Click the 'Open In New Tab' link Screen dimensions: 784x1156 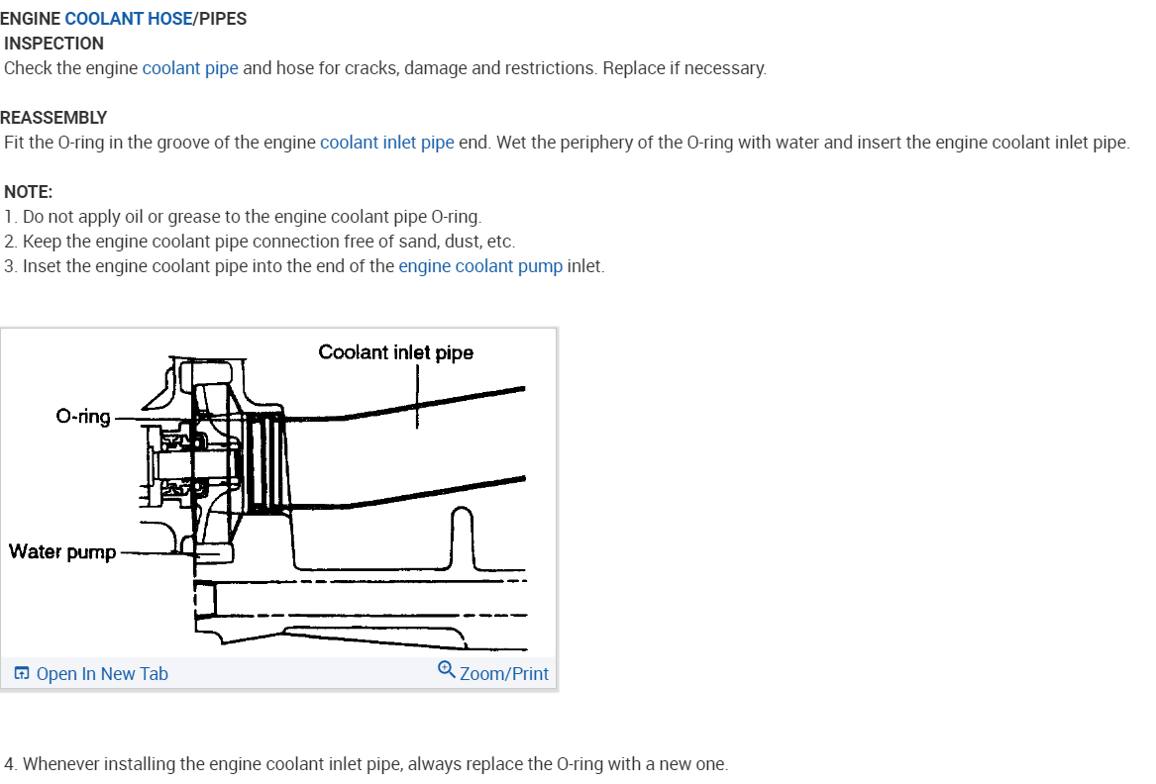click(101, 674)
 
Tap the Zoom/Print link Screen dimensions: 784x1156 click(503, 674)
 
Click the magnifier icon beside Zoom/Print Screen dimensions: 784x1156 click(447, 670)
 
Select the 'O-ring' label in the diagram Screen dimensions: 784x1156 click(83, 417)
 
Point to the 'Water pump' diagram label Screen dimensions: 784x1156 click(62, 551)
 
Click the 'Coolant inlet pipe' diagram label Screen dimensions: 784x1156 click(395, 352)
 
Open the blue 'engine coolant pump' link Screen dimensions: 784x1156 click(480, 266)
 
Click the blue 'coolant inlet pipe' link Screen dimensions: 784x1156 click(386, 143)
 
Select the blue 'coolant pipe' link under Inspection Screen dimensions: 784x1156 click(190, 68)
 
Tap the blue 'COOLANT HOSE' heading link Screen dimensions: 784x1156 click(128, 19)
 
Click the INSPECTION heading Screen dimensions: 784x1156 click(53, 44)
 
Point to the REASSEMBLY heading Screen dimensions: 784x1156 click(53, 118)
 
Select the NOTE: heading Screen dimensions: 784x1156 click(29, 192)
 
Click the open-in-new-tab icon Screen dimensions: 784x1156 click(21, 674)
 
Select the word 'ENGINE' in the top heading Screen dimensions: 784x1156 click(31, 19)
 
